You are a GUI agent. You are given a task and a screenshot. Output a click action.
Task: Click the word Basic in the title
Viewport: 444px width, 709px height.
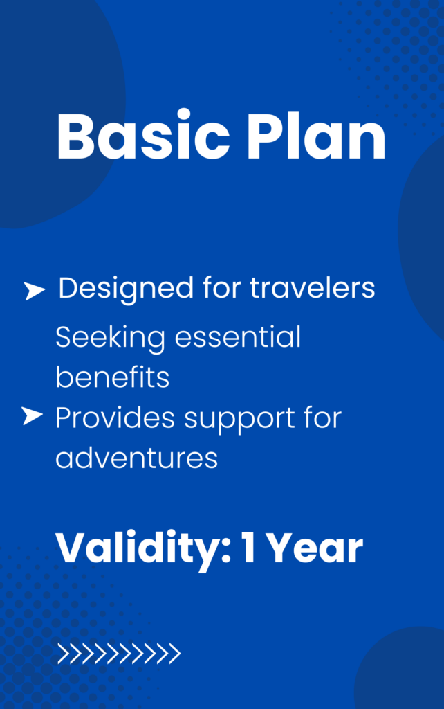(143, 135)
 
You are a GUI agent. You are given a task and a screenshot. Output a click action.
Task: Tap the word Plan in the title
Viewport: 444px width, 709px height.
(316, 135)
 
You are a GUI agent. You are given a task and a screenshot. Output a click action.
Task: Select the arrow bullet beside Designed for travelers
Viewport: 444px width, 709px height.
(35, 291)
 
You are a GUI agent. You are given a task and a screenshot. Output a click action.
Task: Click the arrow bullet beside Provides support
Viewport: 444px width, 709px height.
(32, 416)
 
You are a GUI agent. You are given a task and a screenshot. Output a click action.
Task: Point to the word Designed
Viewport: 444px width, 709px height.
(126, 289)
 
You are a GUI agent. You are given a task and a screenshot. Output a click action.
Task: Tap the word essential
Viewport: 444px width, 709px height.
(238, 337)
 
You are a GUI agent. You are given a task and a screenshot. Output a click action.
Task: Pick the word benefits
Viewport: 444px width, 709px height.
(113, 377)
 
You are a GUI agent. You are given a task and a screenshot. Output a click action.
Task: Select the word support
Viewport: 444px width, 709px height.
(239, 420)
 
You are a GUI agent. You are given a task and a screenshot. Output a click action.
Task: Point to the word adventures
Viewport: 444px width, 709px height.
(136, 458)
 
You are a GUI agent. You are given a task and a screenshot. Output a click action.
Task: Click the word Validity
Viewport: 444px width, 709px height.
(138, 549)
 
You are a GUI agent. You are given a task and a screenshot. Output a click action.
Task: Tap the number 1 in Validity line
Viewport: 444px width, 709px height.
(248, 548)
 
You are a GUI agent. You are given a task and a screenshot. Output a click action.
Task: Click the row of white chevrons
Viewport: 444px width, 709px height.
(119, 654)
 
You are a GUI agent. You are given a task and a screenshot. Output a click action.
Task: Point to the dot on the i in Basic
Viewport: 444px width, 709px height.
(183, 114)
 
